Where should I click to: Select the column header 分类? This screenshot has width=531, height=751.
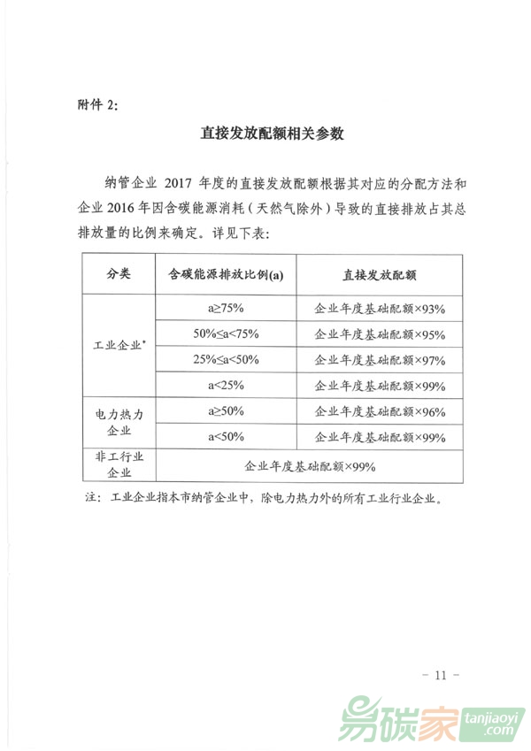point(119,275)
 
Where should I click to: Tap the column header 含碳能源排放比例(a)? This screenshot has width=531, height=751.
point(225,275)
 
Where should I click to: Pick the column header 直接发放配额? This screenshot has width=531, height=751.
point(379,275)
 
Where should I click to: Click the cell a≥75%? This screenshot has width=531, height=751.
point(225,309)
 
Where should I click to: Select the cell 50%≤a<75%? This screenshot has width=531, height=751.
point(225,333)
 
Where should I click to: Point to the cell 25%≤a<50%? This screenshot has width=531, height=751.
point(225,359)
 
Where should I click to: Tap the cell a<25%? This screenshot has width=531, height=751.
point(225,385)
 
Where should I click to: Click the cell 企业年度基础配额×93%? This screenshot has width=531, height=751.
point(379,309)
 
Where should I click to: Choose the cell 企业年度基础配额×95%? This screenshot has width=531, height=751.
point(379,334)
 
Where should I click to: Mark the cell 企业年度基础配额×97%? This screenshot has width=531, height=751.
point(379,360)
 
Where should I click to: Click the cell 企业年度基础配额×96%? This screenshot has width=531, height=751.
point(379,412)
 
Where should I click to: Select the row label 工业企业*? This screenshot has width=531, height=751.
point(119,346)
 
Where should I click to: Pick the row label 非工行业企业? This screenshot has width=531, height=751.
point(119,464)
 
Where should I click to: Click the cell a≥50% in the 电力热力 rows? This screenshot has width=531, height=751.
point(225,412)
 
